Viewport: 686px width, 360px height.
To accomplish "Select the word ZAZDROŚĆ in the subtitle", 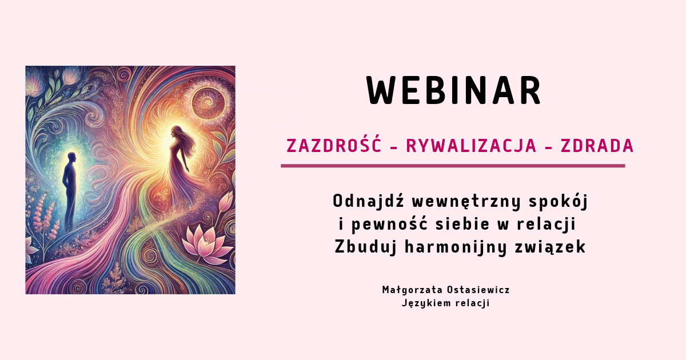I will coord(334,146).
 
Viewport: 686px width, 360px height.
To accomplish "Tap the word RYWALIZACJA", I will coord(471,146).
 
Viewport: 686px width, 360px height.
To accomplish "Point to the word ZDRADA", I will coord(597,146).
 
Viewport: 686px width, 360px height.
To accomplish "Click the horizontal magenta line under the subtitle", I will coord(453,166).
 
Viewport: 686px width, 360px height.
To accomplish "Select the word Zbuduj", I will coord(357,247).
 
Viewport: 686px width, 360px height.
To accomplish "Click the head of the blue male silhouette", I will coord(71,157).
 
